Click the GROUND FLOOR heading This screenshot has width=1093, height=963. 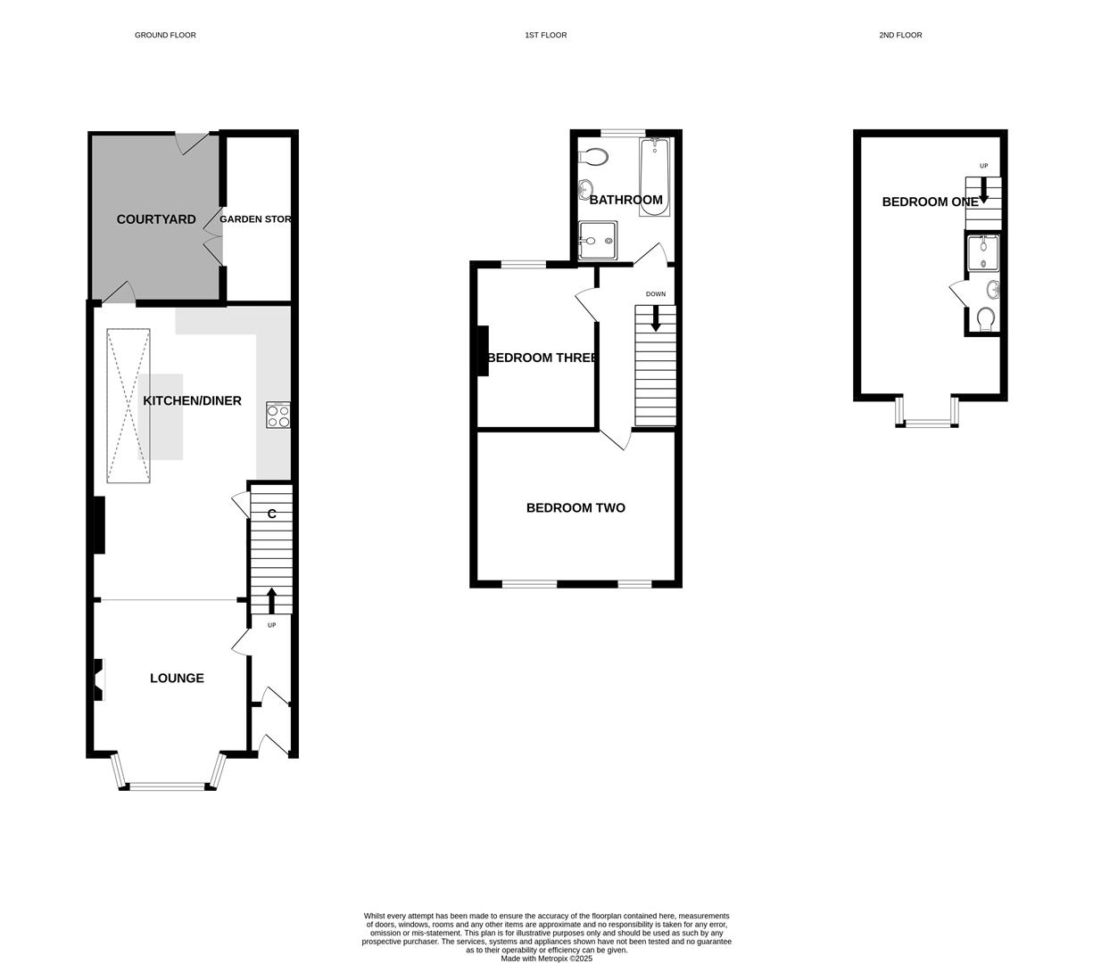coord(165,36)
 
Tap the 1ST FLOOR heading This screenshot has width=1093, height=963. coord(546,36)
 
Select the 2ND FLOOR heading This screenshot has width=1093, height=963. coord(900,36)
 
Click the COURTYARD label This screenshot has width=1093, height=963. coord(156,219)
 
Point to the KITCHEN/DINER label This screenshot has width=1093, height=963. coord(192,401)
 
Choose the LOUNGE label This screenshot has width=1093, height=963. coord(177,679)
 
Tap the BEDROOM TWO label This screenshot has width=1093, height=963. coord(575,508)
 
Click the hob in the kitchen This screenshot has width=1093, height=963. coord(278,416)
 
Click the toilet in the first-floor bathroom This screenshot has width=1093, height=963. coord(593,157)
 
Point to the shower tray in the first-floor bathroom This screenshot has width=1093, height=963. coord(597,240)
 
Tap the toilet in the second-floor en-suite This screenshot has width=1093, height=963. coord(986,318)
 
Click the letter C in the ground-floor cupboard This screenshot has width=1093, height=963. coord(272,514)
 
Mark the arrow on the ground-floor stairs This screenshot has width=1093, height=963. coord(271,600)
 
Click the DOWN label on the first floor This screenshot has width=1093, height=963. coord(656,294)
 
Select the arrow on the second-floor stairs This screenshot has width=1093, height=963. coord(984,190)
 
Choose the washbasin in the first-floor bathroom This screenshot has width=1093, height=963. coord(586,189)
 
